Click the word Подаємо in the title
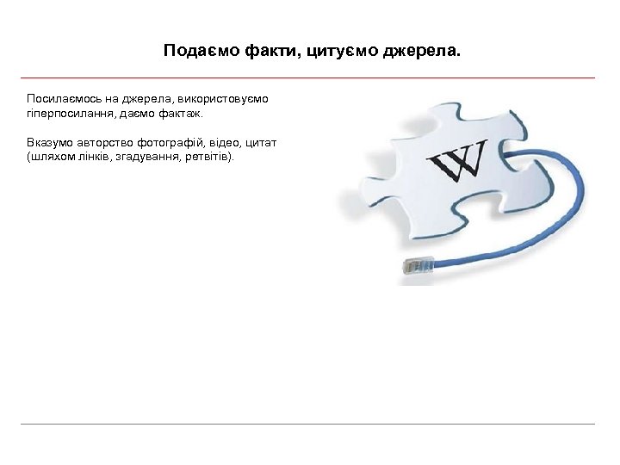189,52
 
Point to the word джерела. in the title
422,52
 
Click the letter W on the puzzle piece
456,160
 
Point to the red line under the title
310,77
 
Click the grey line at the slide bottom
310,424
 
